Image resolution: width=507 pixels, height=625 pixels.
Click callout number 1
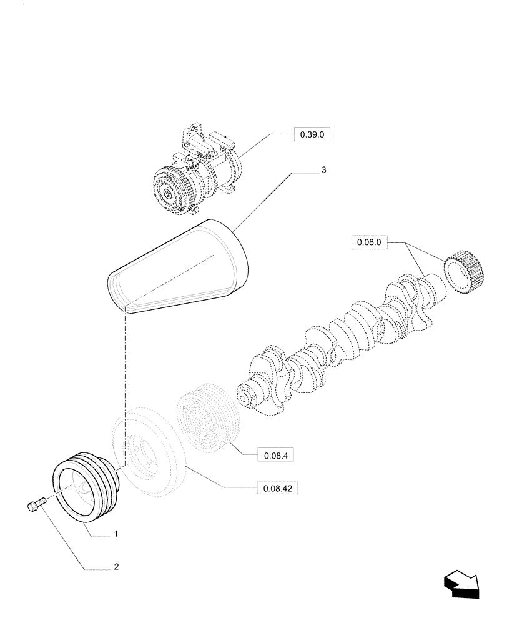(x=116, y=535)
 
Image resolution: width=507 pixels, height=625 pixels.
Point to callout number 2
(x=116, y=567)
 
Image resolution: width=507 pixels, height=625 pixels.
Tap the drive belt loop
(x=181, y=266)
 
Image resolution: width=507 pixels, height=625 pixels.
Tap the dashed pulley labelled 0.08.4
(x=205, y=419)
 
